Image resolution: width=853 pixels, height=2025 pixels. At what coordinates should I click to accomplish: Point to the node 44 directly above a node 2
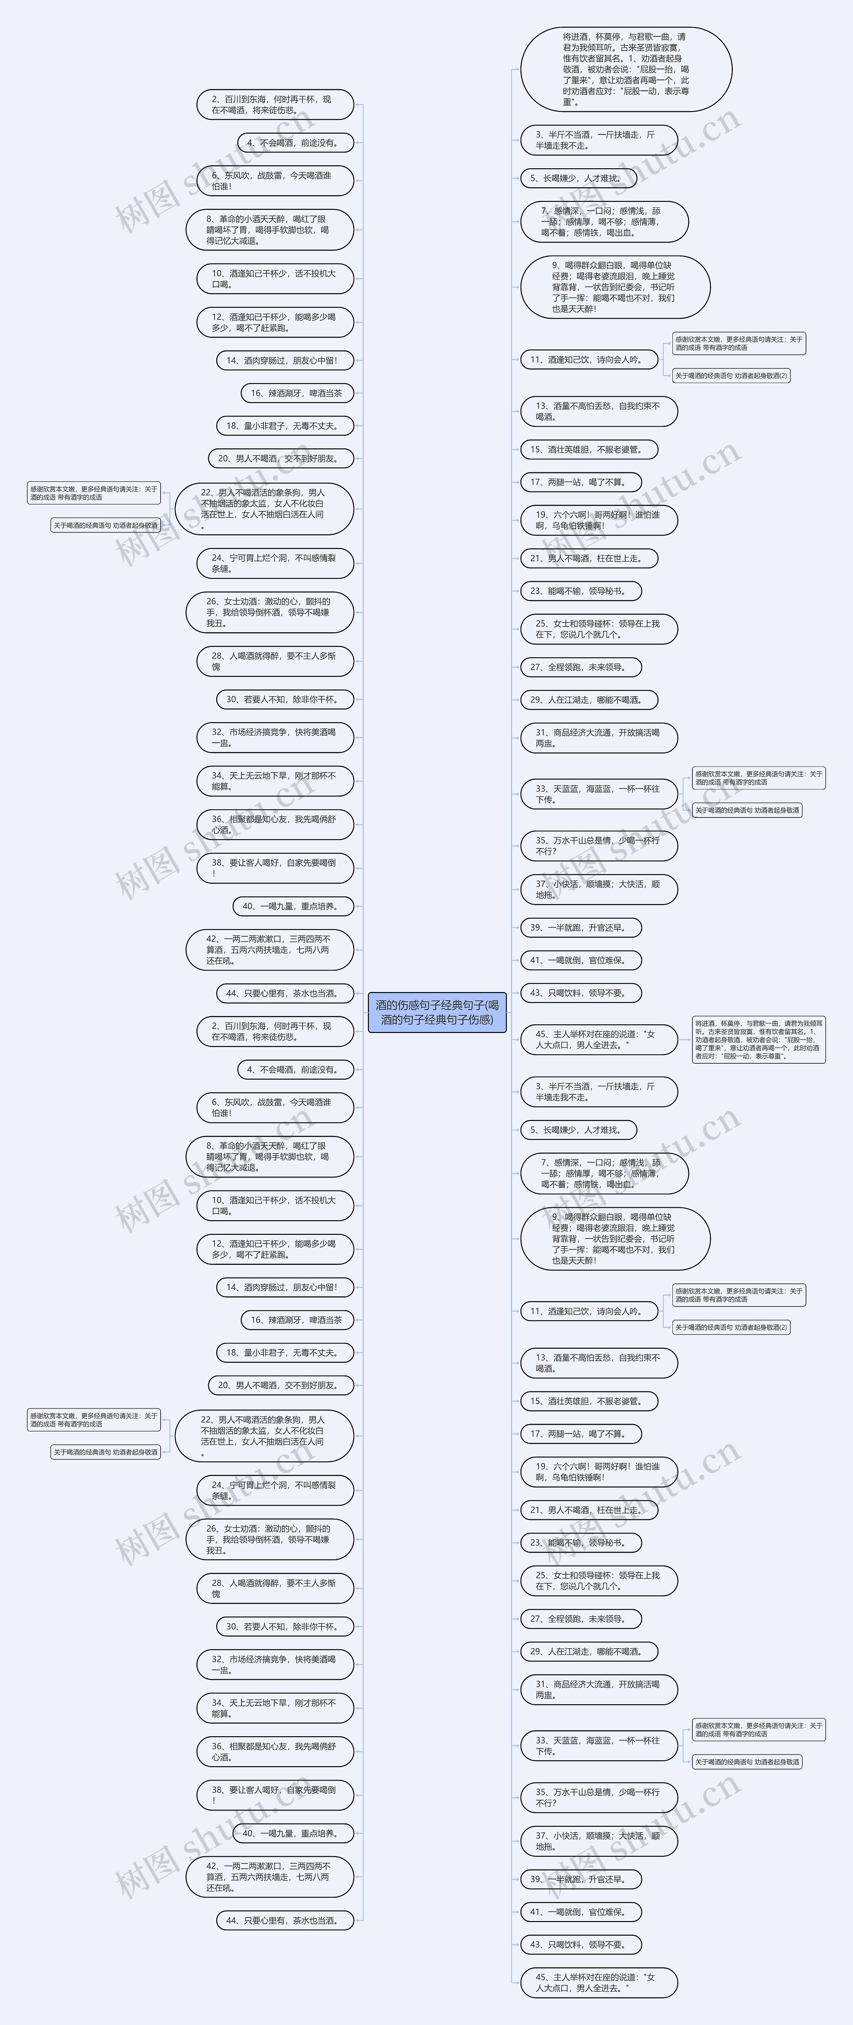(x=285, y=993)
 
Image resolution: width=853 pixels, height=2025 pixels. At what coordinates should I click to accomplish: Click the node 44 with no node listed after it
(x=285, y=1920)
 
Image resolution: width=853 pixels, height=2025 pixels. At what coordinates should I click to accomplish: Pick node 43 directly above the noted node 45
(x=580, y=993)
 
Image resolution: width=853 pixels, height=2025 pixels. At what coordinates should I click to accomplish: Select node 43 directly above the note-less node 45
(x=580, y=1944)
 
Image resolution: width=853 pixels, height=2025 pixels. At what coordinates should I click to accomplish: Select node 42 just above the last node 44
(x=269, y=1876)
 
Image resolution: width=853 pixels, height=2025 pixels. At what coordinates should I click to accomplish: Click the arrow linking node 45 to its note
(x=684, y=1039)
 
